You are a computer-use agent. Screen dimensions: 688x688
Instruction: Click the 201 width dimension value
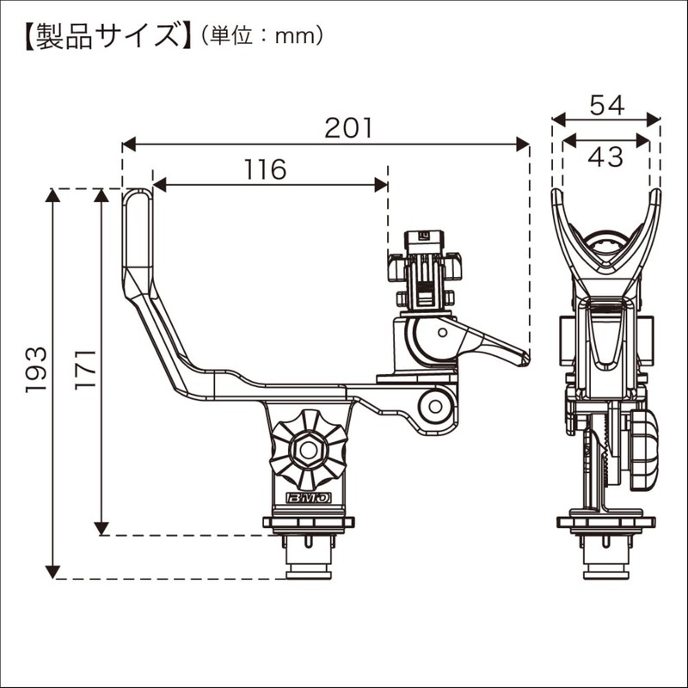coord(348,128)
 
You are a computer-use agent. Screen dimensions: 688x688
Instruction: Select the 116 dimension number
coord(264,170)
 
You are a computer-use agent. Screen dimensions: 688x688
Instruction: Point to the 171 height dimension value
coord(84,369)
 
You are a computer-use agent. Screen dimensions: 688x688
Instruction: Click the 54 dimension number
coord(605,105)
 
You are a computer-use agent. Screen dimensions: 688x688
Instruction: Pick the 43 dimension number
coord(605,157)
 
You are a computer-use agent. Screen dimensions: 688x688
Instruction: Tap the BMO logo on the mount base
coord(308,499)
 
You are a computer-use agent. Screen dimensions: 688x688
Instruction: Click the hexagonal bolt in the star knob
coord(308,448)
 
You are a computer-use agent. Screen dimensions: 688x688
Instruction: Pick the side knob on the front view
coord(643,449)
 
